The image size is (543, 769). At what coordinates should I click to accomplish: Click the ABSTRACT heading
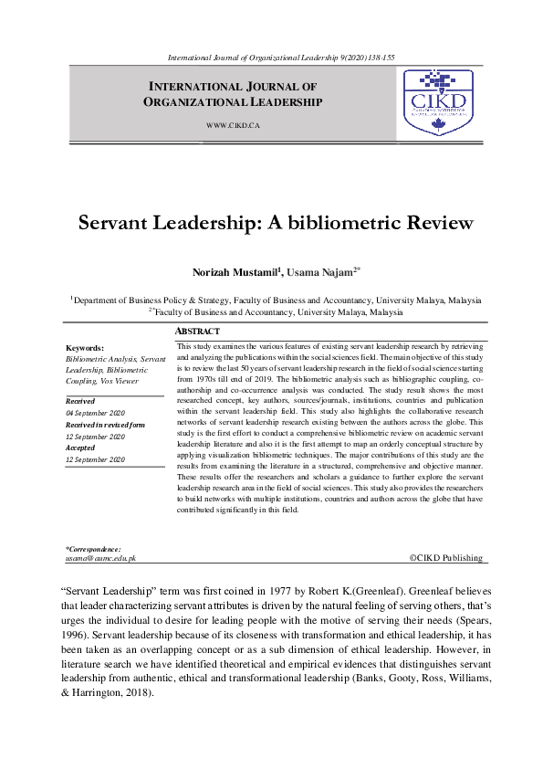pyautogui.click(x=197, y=332)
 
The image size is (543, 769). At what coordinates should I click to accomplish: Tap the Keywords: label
pyautogui.click(x=85, y=348)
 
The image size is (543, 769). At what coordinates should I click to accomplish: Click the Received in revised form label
pyautogui.click(x=105, y=425)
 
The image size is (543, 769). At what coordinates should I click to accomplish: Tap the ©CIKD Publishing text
pyautogui.click(x=446, y=556)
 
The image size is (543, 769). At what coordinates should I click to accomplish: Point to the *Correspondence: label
pyautogui.click(x=93, y=548)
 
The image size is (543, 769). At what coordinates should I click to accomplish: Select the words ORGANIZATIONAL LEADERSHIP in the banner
pyautogui.click(x=233, y=102)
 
